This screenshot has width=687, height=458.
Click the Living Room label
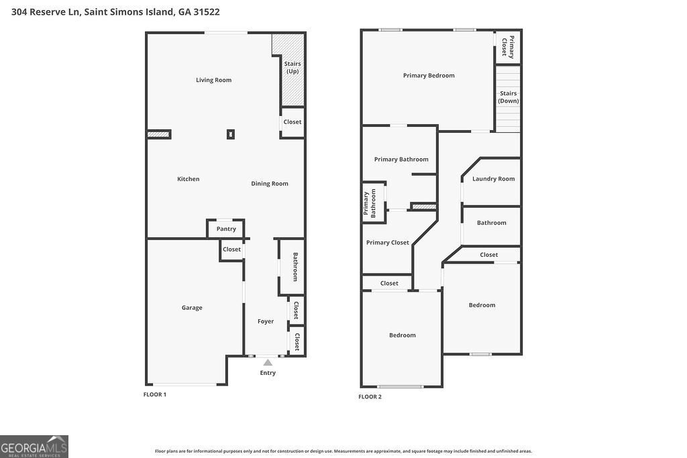(x=213, y=80)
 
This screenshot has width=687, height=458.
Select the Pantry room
(x=226, y=229)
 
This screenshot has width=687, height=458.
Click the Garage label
(x=192, y=308)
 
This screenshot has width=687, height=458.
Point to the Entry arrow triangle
(x=268, y=363)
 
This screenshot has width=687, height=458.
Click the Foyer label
(x=266, y=321)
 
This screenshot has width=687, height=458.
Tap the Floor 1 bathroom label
(x=295, y=267)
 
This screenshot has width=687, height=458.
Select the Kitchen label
(x=188, y=179)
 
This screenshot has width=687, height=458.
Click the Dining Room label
(x=270, y=184)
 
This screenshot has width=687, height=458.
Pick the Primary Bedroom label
(x=429, y=76)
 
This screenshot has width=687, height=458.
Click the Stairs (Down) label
(x=508, y=97)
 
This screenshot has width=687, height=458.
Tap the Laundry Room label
(x=493, y=179)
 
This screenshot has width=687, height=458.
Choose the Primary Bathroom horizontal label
(x=401, y=160)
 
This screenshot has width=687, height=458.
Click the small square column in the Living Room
(x=231, y=134)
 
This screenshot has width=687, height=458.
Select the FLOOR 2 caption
(x=370, y=397)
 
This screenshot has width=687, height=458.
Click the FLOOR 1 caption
(x=155, y=394)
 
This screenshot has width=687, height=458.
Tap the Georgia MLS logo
(x=34, y=447)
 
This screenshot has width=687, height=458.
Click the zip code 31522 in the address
(x=206, y=12)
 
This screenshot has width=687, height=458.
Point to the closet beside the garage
(x=231, y=249)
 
